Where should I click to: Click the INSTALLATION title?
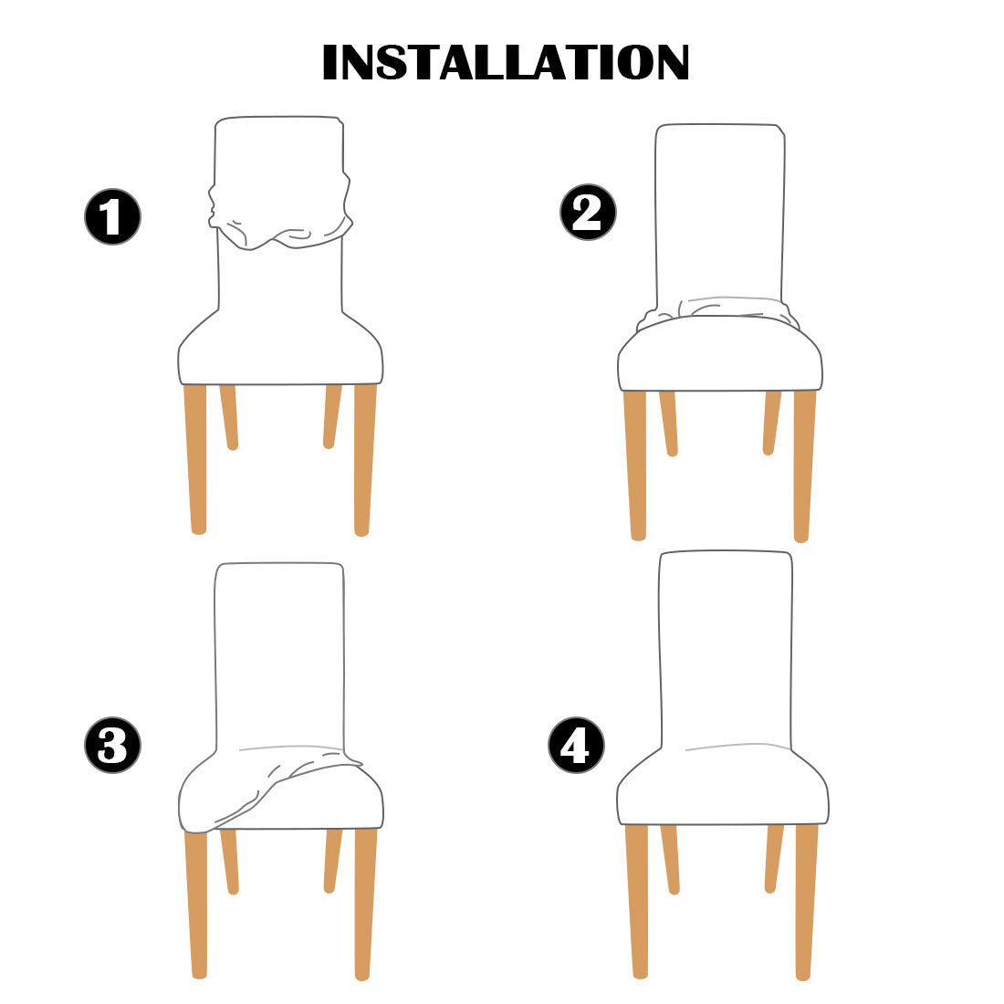pos(505,62)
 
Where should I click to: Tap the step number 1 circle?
pos(112,218)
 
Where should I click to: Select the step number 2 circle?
pos(588,214)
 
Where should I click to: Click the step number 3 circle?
pos(112,746)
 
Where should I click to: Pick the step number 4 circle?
pos(576,746)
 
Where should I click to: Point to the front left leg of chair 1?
pos(196,456)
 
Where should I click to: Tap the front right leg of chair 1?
pos(363,456)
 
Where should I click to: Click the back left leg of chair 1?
pos(229,416)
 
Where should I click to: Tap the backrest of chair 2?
pos(719,210)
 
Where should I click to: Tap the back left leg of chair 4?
pos(670,858)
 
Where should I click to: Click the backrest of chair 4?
pos(725,648)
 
